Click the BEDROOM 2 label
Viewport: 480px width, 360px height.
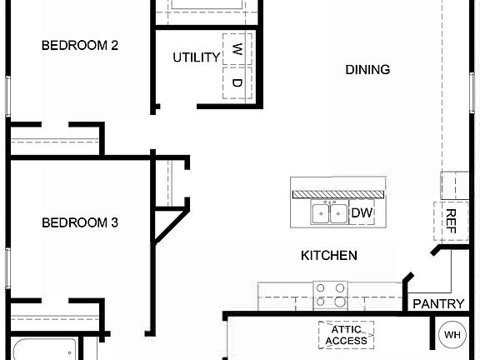click(80, 46)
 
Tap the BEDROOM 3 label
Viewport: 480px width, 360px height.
click(80, 222)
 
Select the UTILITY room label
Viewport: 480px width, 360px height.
click(197, 57)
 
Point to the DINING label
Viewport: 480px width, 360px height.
click(367, 69)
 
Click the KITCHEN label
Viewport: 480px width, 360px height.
click(329, 255)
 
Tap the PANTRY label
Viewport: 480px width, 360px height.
click(438, 304)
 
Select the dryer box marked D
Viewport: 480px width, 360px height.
click(237, 83)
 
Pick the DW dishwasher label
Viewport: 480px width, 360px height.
click(362, 213)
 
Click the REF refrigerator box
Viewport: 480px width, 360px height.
click(451, 222)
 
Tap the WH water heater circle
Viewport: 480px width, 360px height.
click(452, 335)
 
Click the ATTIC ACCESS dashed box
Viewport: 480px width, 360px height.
click(346, 335)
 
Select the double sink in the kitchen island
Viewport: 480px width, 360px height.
click(330, 213)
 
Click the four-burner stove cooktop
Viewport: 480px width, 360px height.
click(330, 294)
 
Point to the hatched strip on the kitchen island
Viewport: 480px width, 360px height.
click(338, 193)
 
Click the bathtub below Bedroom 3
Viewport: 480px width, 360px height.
click(42, 348)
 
